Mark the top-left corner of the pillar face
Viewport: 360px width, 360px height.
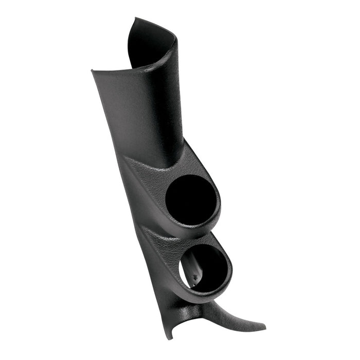(93, 70)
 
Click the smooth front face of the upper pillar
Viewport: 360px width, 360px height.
(139, 113)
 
